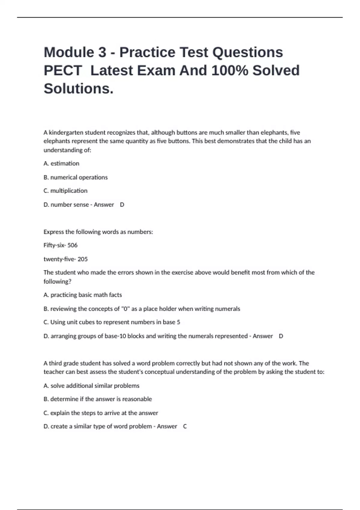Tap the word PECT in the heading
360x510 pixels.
[63, 70]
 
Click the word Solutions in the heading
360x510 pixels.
[78, 89]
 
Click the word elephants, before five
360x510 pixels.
[275, 132]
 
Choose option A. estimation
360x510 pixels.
[61, 163]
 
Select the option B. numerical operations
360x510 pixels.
[76, 177]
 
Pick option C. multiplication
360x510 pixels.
[66, 191]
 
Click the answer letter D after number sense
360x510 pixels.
[122, 205]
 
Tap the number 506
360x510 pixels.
[72, 245]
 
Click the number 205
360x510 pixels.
[82, 259]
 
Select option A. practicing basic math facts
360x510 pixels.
[83, 295]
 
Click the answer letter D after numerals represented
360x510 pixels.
[281, 336]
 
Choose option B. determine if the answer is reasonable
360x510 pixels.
[98, 399]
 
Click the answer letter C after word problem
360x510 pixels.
[185, 426]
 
